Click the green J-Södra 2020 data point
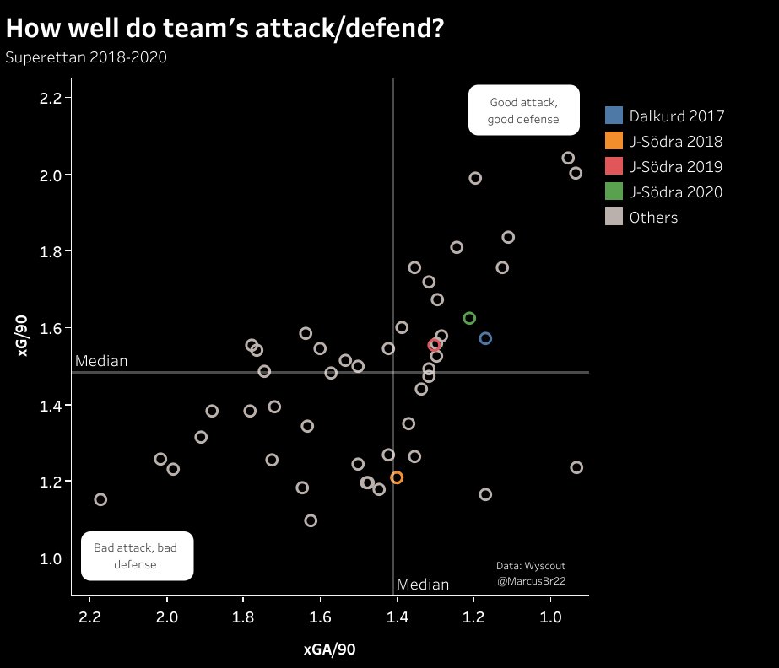(470, 318)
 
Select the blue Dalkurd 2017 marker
(485, 338)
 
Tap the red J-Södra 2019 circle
(435, 345)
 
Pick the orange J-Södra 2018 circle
(397, 477)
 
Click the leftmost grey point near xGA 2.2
(100, 499)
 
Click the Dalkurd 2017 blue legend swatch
(614, 116)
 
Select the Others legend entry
(653, 218)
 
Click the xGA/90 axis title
(330, 649)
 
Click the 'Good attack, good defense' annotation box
(523, 110)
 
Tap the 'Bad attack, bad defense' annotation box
(136, 556)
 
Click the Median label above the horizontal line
(101, 361)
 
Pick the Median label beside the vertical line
(423, 584)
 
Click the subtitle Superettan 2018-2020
(86, 58)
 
